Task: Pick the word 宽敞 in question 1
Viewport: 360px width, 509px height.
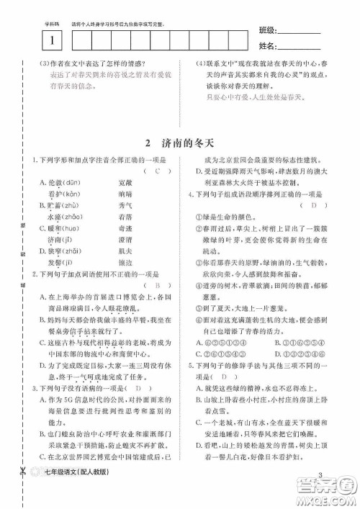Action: (125, 182)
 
